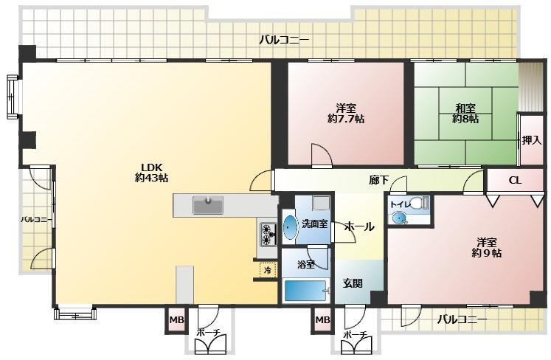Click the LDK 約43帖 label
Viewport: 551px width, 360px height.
point(151,173)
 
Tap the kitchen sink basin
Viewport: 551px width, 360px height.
point(208,205)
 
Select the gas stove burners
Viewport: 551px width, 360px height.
point(266,235)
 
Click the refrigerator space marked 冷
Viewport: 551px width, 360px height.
point(268,270)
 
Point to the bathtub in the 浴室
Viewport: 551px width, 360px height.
point(305,291)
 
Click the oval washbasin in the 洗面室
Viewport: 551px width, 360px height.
point(290,227)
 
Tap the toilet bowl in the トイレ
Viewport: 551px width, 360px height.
point(417,203)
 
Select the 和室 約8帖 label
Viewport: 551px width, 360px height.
point(465,113)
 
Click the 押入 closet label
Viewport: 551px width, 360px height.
point(531,140)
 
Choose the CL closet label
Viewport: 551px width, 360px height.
point(515,180)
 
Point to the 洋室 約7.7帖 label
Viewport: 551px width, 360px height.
point(346,113)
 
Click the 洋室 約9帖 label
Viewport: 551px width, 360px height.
point(487,248)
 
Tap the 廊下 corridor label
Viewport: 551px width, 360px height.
point(379,180)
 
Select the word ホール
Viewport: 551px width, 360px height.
point(358,226)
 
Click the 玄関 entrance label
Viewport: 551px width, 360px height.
point(353,283)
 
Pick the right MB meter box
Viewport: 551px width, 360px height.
point(322,320)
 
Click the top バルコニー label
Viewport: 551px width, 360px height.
point(284,40)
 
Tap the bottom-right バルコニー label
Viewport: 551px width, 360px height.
point(462,319)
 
